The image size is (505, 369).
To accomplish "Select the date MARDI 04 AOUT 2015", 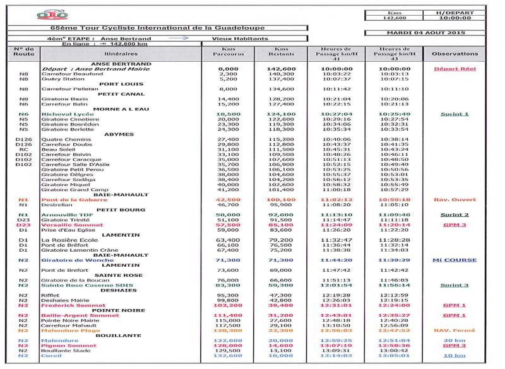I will [x=427, y=32].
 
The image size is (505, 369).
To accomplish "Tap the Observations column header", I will [x=454, y=54].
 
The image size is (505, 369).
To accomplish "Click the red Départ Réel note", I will [x=454, y=69].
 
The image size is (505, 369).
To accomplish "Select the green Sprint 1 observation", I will [x=454, y=114].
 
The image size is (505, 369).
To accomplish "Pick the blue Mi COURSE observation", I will [x=454, y=260].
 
